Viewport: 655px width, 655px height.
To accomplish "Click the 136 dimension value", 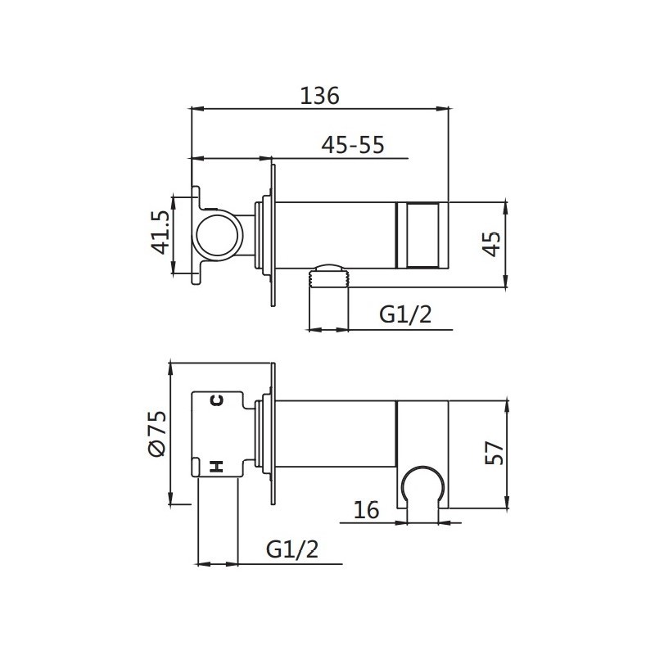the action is point(319,96).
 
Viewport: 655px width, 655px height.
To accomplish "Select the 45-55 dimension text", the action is point(353,145).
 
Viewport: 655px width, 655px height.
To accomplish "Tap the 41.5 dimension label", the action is point(160,233).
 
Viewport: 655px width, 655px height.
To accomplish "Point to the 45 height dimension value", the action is point(492,244).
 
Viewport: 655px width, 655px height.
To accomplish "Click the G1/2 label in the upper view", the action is point(405,314).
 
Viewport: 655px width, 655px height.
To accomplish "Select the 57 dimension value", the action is point(495,453).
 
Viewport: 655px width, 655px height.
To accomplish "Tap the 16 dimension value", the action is point(366,509).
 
